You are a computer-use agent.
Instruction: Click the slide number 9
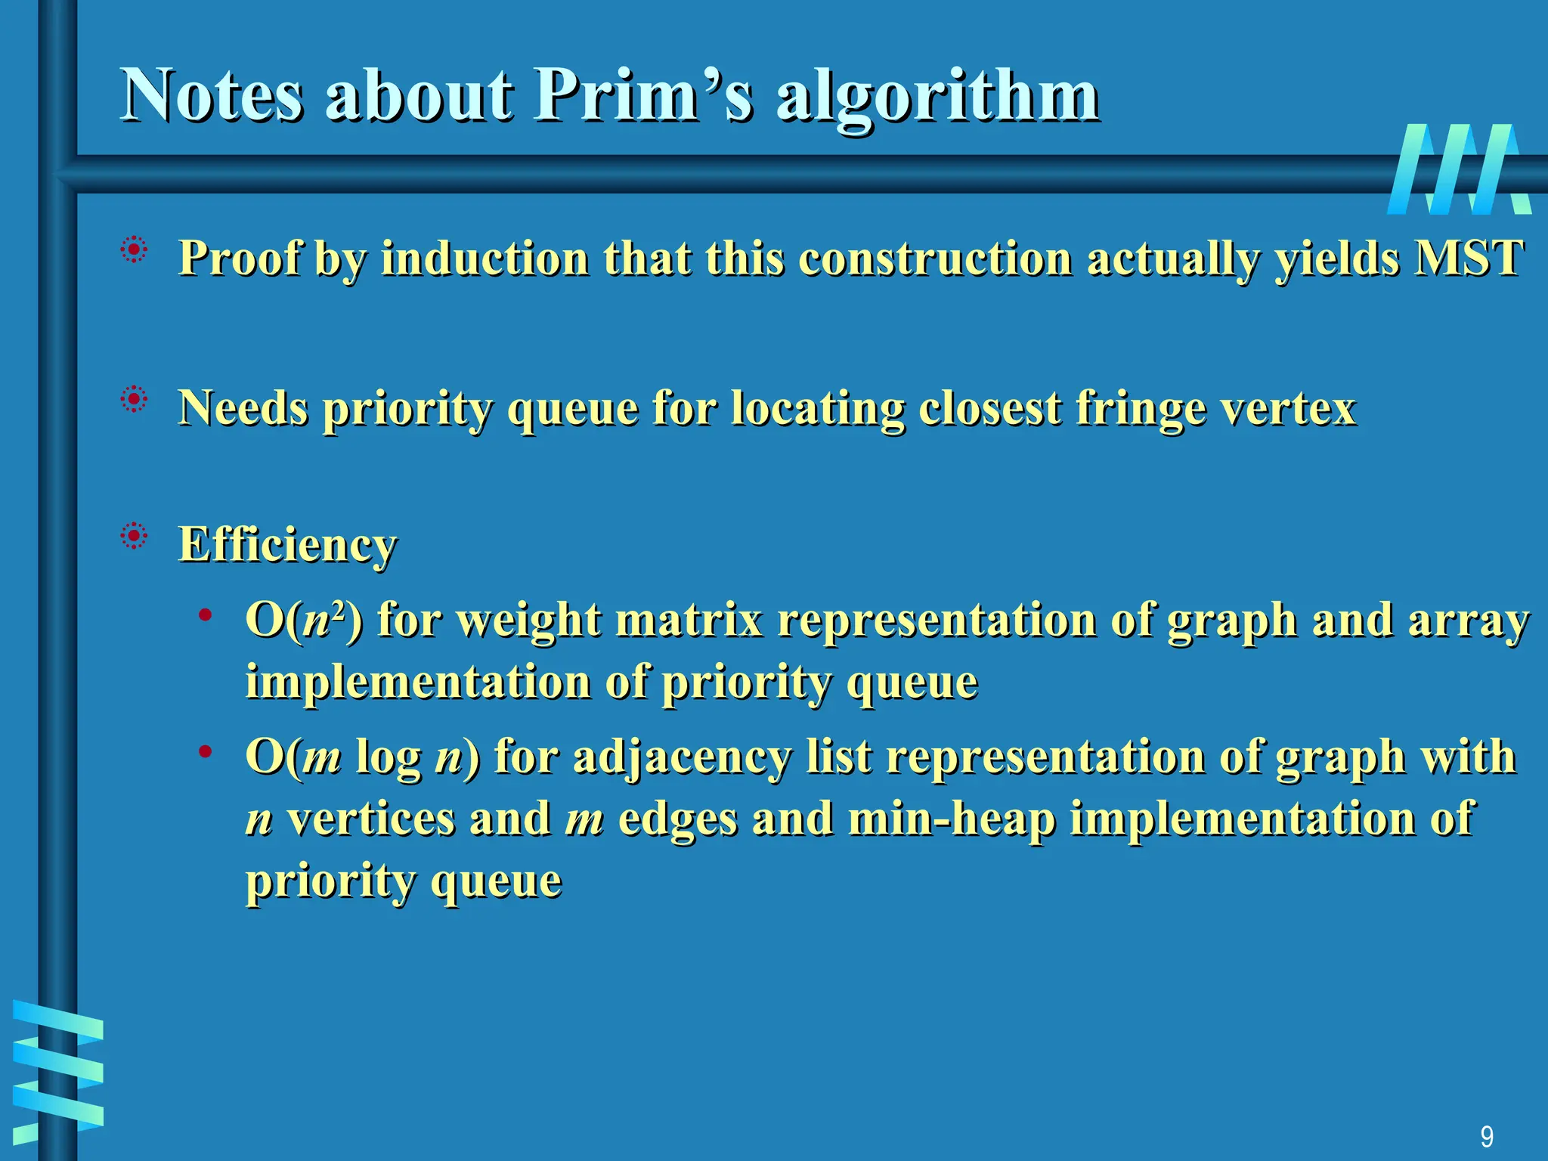[x=1486, y=1136]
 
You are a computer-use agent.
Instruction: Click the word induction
[x=485, y=258]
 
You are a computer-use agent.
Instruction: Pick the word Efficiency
[x=287, y=544]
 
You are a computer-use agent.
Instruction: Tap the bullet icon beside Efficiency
[x=134, y=537]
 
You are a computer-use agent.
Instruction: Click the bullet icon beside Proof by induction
[x=134, y=250]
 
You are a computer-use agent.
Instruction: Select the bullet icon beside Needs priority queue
[x=134, y=399]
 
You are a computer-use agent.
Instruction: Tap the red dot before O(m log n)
[x=205, y=751]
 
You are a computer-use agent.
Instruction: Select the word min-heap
[x=952, y=819]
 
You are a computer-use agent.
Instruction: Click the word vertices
[x=371, y=819]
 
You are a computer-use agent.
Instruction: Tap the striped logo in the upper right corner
[x=1458, y=169]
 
